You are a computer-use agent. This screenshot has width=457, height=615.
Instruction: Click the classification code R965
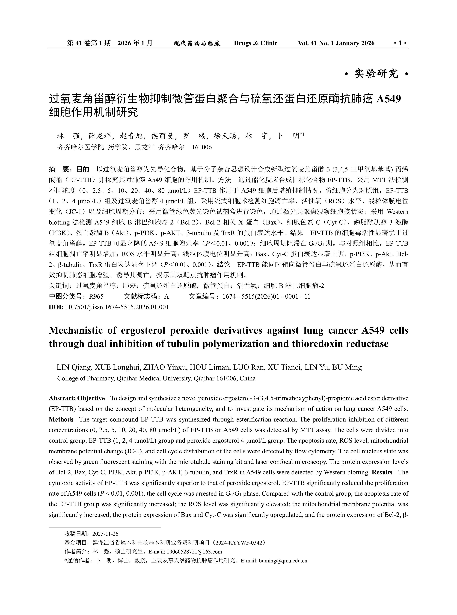pos(96,296)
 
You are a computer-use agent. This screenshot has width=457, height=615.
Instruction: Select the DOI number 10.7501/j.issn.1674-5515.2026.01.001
pos(117,307)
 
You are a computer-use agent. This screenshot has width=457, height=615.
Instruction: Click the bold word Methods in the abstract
pos(61,419)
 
